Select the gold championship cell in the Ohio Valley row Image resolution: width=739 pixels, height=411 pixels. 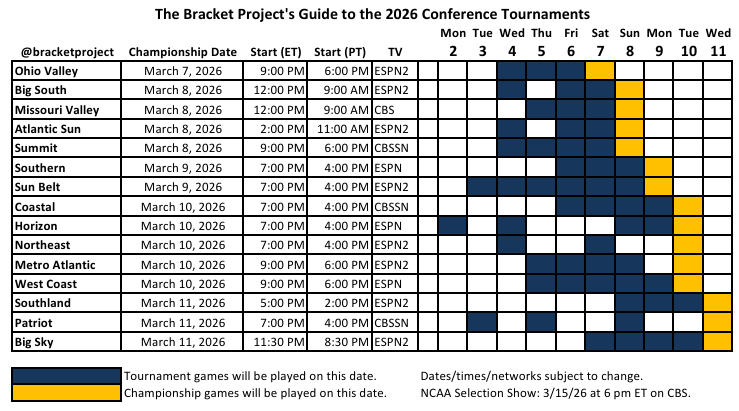click(x=600, y=71)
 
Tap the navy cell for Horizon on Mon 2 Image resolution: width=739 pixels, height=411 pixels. click(x=453, y=226)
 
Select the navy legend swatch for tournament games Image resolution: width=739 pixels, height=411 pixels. click(x=65, y=375)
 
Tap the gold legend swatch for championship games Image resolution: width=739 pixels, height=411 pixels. click(x=65, y=392)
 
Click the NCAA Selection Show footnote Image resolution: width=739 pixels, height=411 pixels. click(x=556, y=392)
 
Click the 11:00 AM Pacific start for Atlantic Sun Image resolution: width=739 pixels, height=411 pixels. click(x=339, y=129)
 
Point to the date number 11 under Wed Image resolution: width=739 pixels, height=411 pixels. click(x=717, y=51)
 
